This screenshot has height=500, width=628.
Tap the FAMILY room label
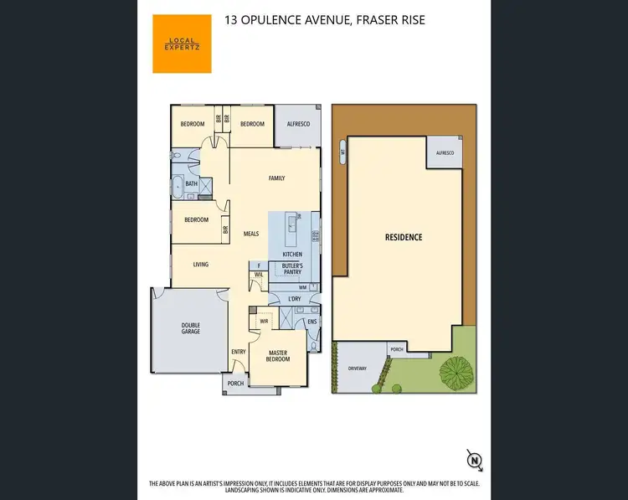pyautogui.click(x=276, y=178)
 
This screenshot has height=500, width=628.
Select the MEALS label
pyautogui.click(x=250, y=234)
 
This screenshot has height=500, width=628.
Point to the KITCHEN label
pyautogui.click(x=292, y=254)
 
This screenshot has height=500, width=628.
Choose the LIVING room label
pyautogui.click(x=201, y=265)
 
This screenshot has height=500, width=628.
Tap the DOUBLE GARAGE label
pyautogui.click(x=191, y=329)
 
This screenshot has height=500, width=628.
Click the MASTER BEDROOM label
pyautogui.click(x=279, y=355)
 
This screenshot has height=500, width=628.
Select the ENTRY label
pyautogui.click(x=238, y=352)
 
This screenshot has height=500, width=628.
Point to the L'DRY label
pyautogui.click(x=294, y=299)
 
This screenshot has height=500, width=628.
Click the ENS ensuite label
pyautogui.click(x=311, y=321)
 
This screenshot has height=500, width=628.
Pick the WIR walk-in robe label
pyautogui.click(x=264, y=321)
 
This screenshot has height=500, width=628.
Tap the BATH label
pyautogui.click(x=192, y=184)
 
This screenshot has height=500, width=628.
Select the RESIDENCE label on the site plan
pyautogui.click(x=404, y=237)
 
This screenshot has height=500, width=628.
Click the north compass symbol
pyautogui.click(x=475, y=459)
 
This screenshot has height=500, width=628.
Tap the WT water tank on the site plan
pyautogui.click(x=342, y=152)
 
